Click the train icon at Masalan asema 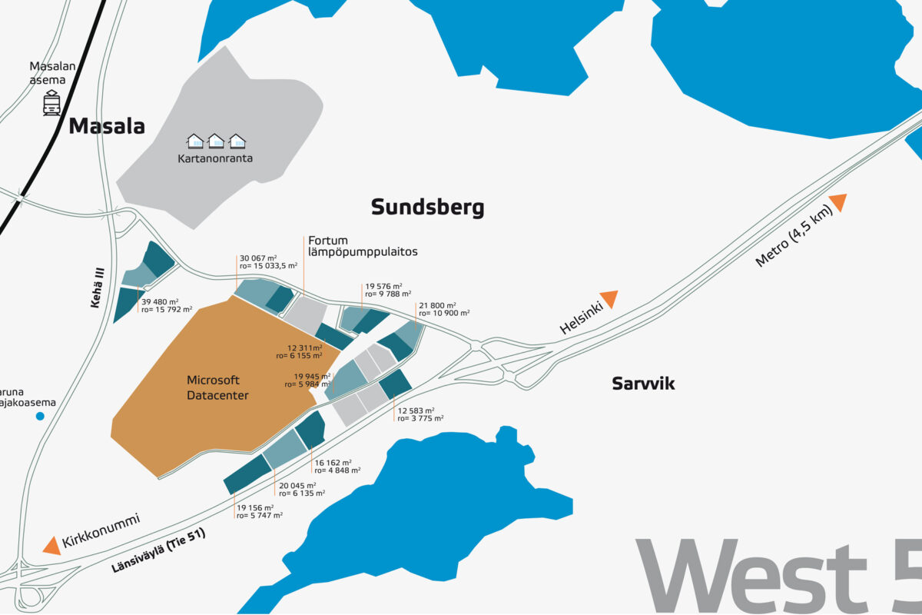pos(52,103)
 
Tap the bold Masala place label pos(107,127)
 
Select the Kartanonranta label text pos(215,159)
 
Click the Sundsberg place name pos(427,208)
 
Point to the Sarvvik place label pos(643,384)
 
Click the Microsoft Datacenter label pos(214,387)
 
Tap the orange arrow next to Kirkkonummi pos(51,545)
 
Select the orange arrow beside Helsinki pos(609,298)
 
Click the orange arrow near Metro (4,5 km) pos(837,202)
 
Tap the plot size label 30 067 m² pos(258,258)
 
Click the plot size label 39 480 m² pos(160,301)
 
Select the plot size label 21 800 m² pos(438,305)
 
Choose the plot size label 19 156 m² pos(256,508)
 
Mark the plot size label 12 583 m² pos(416,411)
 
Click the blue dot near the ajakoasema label pos(40,416)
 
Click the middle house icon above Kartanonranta pos(216,141)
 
